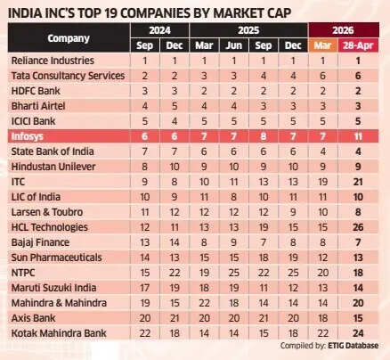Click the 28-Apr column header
pos(358,45)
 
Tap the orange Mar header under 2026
pos(322,45)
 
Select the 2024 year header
pos(159,30)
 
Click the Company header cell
pos(69,38)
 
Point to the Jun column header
pos(234,45)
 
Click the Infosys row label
pos(28,136)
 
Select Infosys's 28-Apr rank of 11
pos(358,136)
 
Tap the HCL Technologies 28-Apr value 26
pos(358,227)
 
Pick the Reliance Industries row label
pos(53,61)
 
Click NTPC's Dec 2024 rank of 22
pos(175,273)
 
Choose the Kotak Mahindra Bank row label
pos(59,333)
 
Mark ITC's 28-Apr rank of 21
pos(358,182)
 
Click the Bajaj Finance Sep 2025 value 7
pos(264,242)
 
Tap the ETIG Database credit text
pos(353,346)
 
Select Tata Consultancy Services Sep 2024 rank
pos(145,76)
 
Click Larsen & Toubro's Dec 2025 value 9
pos(293,212)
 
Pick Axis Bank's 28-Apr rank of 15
pos(358,318)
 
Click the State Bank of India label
pos(53,151)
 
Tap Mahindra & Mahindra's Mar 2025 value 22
pos(204,303)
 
